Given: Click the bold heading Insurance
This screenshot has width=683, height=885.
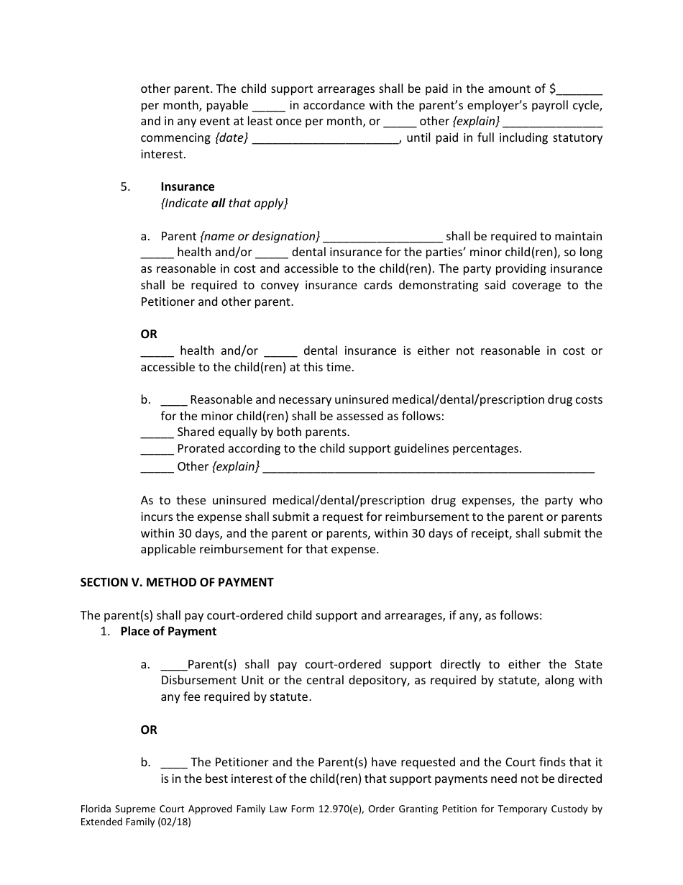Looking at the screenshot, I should click(187, 187).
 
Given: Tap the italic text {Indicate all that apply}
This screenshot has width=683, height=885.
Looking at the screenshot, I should click(224, 204).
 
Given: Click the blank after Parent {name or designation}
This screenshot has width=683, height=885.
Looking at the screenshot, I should click(383, 237).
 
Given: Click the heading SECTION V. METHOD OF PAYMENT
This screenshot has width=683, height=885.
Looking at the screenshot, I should click(177, 583).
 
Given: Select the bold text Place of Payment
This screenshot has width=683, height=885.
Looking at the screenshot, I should click(168, 632).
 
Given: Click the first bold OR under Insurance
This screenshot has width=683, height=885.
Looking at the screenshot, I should click(149, 335).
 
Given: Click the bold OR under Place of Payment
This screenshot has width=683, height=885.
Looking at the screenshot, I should click(149, 730).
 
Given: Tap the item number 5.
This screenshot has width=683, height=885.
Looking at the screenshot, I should click(125, 187).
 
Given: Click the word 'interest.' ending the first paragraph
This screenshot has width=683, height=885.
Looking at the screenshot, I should click(163, 155).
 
